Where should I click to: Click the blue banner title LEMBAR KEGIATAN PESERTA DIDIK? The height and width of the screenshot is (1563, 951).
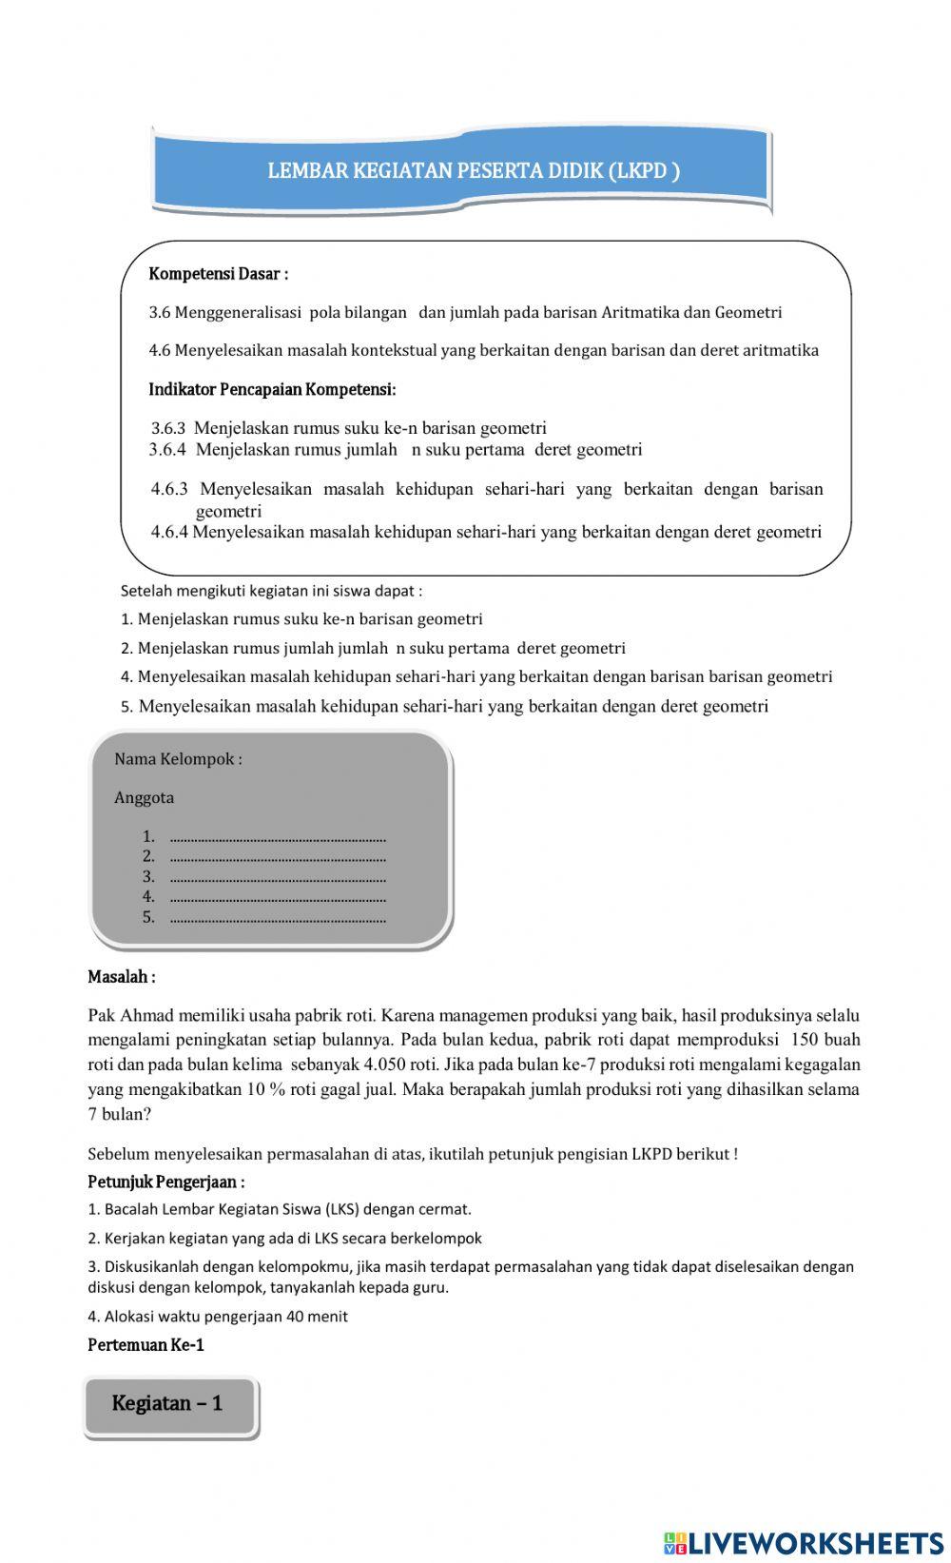click(x=473, y=171)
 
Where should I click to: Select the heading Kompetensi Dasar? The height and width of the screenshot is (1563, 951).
click(x=218, y=274)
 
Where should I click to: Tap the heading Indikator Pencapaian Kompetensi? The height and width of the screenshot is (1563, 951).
click(x=272, y=389)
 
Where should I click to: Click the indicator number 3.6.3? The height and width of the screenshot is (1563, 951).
click(x=168, y=428)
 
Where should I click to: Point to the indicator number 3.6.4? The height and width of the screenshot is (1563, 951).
click(x=167, y=449)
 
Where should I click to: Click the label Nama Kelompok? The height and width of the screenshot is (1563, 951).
click(x=178, y=759)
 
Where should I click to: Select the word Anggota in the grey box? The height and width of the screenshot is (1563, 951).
click(x=144, y=798)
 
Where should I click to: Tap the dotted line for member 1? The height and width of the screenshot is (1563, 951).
click(x=277, y=837)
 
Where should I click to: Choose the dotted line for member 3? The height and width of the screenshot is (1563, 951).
click(x=277, y=877)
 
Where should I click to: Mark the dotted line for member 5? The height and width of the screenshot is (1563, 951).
click(x=277, y=918)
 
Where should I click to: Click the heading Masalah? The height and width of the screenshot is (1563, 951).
click(x=121, y=977)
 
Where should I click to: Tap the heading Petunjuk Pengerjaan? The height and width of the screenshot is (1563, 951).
click(x=165, y=1182)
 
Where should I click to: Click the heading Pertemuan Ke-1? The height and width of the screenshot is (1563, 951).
click(x=146, y=1345)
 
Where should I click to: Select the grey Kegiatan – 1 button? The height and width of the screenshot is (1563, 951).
click(x=169, y=1404)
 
